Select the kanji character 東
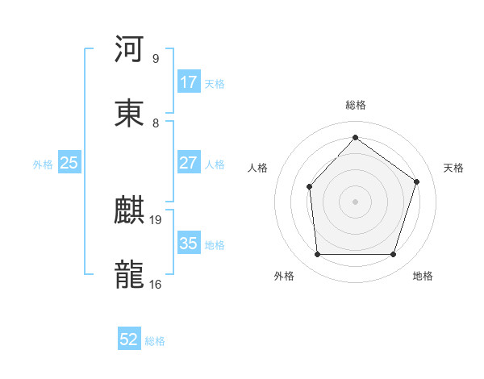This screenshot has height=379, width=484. (x=130, y=113)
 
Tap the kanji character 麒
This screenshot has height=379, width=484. (x=130, y=210)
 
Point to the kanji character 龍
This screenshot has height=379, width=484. (x=130, y=274)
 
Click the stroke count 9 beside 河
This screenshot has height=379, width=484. (x=156, y=59)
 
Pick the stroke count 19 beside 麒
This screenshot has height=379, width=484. (x=156, y=219)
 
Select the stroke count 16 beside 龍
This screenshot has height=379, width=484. (x=156, y=284)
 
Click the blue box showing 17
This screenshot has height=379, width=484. (x=188, y=82)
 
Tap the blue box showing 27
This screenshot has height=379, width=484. (x=188, y=163)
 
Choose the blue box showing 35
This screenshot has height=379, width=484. (x=188, y=244)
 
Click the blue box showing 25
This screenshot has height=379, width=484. (x=69, y=163)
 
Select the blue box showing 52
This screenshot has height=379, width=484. (x=129, y=340)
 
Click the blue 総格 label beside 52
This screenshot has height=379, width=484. (x=155, y=341)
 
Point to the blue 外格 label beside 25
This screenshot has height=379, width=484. (x=43, y=164)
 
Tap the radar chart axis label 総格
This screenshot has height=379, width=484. (x=356, y=105)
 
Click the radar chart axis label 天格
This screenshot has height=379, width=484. (x=453, y=168)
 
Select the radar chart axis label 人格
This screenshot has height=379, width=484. (x=257, y=168)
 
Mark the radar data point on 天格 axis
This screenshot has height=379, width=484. (x=417, y=181)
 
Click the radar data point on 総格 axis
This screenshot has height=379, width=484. (x=355, y=137)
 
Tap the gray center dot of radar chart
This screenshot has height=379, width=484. (x=355, y=201)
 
